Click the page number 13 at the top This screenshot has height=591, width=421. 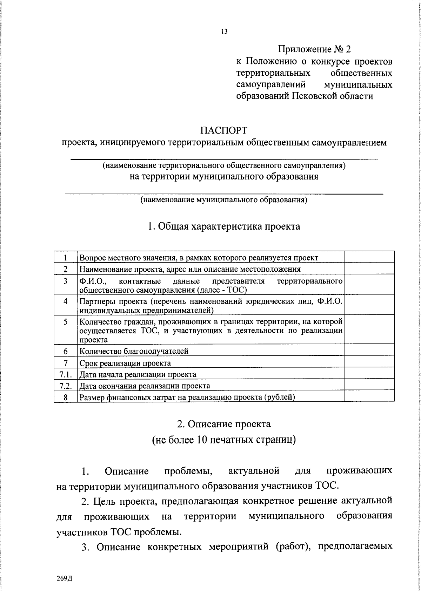[224, 32]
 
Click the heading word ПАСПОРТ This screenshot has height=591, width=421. [224, 130]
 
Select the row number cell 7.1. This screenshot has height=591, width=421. [66, 374]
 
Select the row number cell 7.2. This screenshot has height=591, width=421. [66, 386]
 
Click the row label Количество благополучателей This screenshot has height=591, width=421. [134, 351]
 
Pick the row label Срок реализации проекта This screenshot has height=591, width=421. [125, 363]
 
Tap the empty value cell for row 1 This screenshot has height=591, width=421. [369, 257]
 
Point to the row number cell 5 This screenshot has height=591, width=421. [66, 322]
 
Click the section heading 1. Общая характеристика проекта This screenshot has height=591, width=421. [224, 226]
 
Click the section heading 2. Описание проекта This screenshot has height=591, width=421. [224, 424]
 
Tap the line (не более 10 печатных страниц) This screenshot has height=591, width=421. [224, 440]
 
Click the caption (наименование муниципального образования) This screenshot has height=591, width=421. [224, 200]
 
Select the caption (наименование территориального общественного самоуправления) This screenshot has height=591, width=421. [224, 165]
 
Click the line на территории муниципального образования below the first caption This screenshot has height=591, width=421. [224, 176]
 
